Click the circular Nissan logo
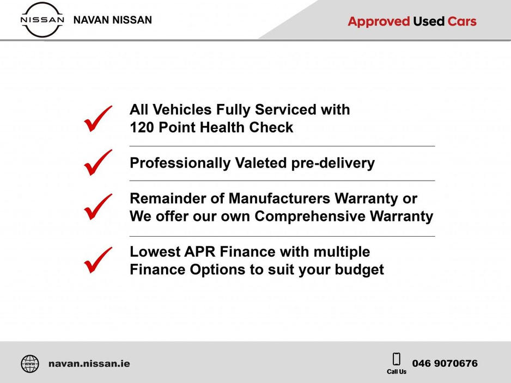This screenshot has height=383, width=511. click(x=42, y=20)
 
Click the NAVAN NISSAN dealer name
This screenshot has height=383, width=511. click(x=113, y=20)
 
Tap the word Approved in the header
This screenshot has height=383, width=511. click(x=379, y=21)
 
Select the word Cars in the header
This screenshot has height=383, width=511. click(x=462, y=21)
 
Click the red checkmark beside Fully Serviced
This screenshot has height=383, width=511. click(x=98, y=119)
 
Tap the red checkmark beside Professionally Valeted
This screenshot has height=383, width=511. click(x=98, y=162)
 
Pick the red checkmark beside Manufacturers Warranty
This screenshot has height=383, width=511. click(x=98, y=207)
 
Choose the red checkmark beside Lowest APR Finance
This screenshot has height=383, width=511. click(x=98, y=260)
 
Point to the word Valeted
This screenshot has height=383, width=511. click(x=261, y=163)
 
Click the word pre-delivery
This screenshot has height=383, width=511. click(x=333, y=163)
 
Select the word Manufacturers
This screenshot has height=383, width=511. click(x=279, y=198)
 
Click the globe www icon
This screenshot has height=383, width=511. click(x=30, y=364)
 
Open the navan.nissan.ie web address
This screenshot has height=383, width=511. click(x=89, y=363)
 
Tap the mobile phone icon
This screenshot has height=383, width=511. click(x=396, y=359)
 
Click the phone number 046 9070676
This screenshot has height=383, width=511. click(x=445, y=363)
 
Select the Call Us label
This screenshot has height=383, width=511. click(x=397, y=372)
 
